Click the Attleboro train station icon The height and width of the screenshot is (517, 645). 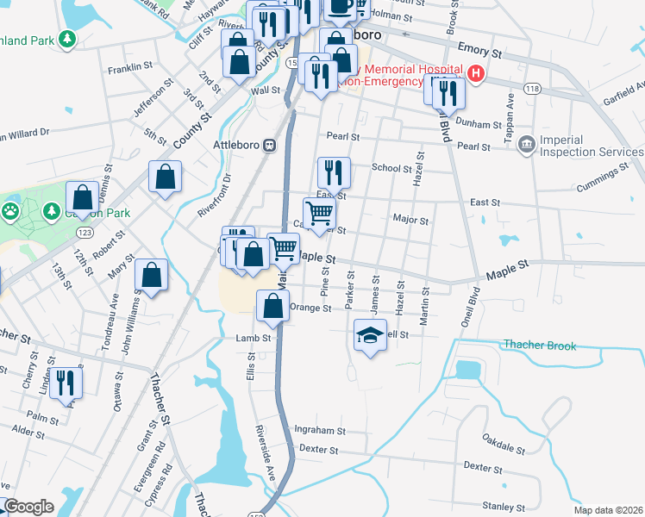(x=270, y=146)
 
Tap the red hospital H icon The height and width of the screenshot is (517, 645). (x=475, y=75)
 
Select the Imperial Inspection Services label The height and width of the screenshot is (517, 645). (x=591, y=146)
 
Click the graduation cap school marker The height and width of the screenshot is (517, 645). (x=370, y=335)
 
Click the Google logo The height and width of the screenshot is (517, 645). (x=28, y=507)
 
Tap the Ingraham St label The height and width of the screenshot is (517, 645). (x=319, y=430)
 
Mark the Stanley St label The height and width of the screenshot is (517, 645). (x=504, y=507)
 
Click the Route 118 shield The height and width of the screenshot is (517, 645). (x=532, y=90)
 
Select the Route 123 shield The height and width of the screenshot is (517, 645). (x=84, y=233)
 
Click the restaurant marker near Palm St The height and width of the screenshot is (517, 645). (x=66, y=383)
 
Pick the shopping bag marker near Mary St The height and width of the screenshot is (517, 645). (x=151, y=276)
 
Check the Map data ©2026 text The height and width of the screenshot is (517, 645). (x=608, y=509)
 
